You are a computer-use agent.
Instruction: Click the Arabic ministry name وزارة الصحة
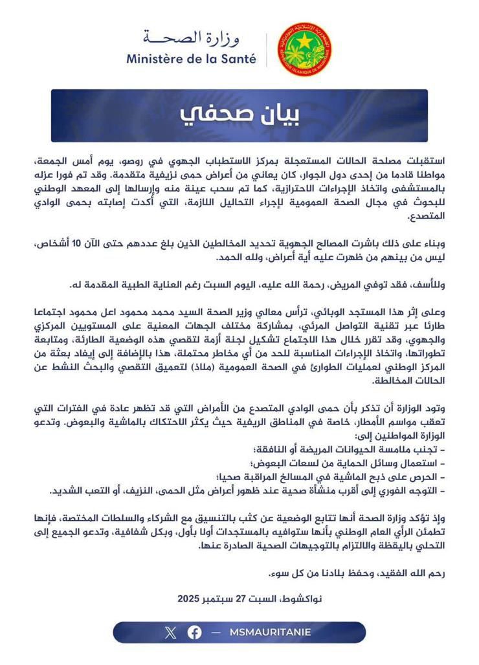pos(192,38)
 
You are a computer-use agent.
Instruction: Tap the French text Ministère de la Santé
pos(192,60)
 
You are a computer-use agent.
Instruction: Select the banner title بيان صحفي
pos(239,115)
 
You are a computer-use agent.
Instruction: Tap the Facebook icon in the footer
pos(194,632)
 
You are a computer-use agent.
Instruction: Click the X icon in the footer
pos(170,632)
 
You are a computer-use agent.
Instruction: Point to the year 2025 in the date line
pos(190,599)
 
